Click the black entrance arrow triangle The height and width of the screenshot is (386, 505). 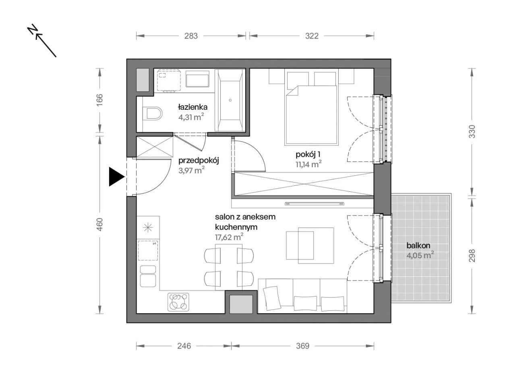click(x=116, y=177)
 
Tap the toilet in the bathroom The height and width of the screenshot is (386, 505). click(x=153, y=113)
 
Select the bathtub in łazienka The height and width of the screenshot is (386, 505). click(x=230, y=100)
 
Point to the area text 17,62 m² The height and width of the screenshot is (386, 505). click(x=229, y=237)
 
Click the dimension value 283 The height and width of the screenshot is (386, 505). click(x=191, y=36)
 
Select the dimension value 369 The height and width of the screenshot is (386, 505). click(x=302, y=346)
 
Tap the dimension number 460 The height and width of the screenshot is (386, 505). click(x=99, y=224)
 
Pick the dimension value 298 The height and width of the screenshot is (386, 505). click(x=472, y=255)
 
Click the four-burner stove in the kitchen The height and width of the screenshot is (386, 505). click(x=178, y=302)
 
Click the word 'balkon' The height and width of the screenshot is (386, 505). click(x=418, y=245)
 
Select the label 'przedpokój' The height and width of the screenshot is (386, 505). click(x=199, y=161)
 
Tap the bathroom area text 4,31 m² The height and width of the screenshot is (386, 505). click(x=191, y=117)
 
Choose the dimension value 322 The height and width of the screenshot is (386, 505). click(x=312, y=36)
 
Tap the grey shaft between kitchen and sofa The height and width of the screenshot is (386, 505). click(x=241, y=304)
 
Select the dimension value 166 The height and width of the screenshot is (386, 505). click(x=99, y=100)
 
